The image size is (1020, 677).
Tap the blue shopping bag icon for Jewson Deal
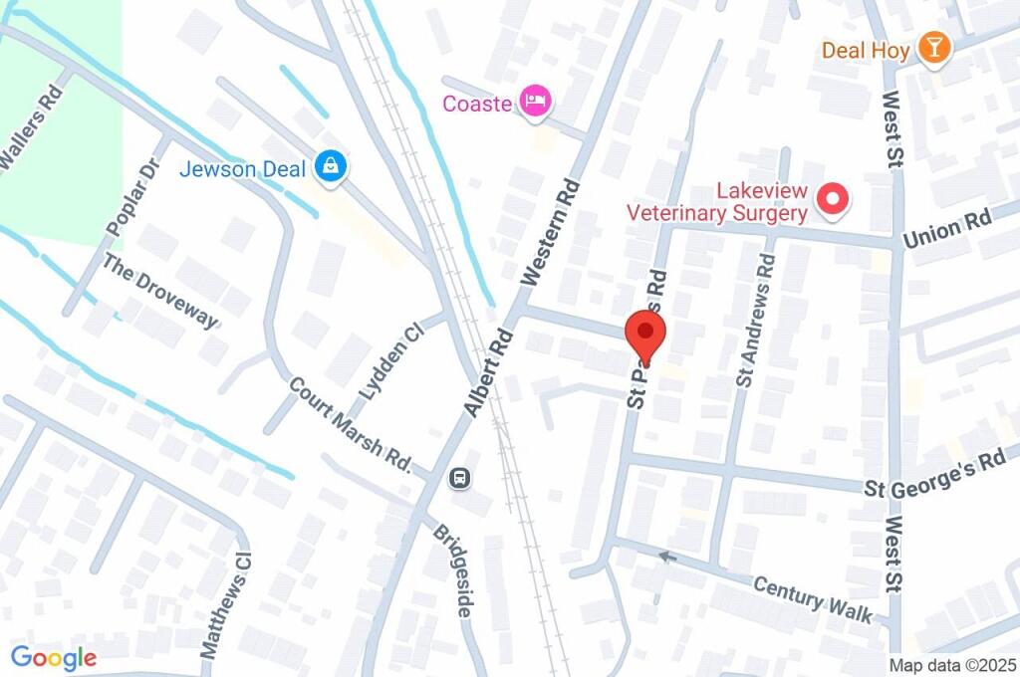(x=329, y=167)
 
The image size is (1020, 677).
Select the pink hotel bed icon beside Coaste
(x=537, y=102)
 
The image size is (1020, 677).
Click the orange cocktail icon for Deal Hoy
(x=934, y=47)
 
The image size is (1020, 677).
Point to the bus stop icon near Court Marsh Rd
(x=460, y=478)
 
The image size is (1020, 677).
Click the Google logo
(x=54, y=657)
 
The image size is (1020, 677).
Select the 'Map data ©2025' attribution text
(x=951, y=664)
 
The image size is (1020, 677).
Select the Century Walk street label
(x=813, y=595)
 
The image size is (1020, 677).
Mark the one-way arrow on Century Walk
(x=667, y=556)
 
